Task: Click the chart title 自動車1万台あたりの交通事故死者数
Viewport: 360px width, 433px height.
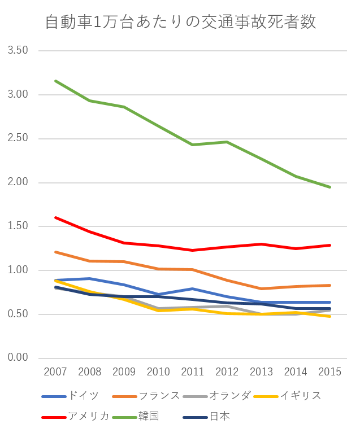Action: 180,22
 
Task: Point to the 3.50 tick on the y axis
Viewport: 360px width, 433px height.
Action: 18,51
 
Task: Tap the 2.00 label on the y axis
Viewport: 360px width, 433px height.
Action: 18,182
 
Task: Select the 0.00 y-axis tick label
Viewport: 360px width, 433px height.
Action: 18,358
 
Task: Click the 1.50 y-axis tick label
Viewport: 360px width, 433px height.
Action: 18,226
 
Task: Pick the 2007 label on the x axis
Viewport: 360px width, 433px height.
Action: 55,371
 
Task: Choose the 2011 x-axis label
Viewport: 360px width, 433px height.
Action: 193,371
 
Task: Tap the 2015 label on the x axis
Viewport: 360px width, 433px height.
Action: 329,371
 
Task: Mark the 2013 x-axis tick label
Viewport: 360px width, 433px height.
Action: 261,371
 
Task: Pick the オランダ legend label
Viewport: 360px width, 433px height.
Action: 229,396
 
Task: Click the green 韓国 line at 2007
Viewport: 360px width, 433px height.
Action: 55,81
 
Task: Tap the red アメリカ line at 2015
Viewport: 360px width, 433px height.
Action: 329,245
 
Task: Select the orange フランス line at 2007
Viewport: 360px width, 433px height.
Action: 55,252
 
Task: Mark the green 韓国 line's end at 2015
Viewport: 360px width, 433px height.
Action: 329,187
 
